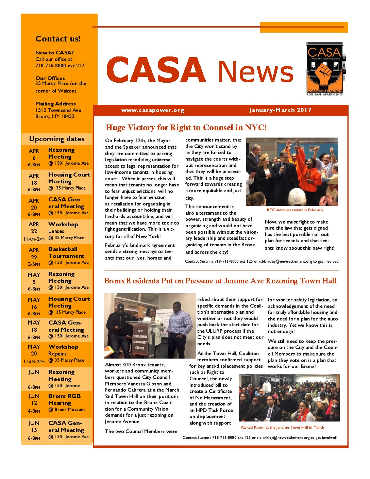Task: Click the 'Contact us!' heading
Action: (58, 39)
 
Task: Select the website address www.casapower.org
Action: (153, 110)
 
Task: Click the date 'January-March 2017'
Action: (280, 110)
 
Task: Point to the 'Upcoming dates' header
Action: (56, 139)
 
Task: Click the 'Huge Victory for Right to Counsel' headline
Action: (186, 128)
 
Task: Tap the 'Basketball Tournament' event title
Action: (66, 252)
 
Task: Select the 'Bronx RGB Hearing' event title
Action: (64, 399)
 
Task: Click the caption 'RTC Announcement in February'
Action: (295, 210)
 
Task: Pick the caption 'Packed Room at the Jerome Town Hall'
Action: (282, 427)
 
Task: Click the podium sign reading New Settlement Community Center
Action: (140, 339)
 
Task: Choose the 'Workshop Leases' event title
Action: (63, 228)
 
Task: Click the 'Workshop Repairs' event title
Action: (63, 350)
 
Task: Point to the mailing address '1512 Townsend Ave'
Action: (58, 110)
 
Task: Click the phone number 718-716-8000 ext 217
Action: (60, 66)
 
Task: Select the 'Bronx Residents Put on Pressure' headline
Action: (220, 281)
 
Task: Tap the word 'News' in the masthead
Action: (255, 71)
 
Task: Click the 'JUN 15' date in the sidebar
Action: (34, 426)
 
